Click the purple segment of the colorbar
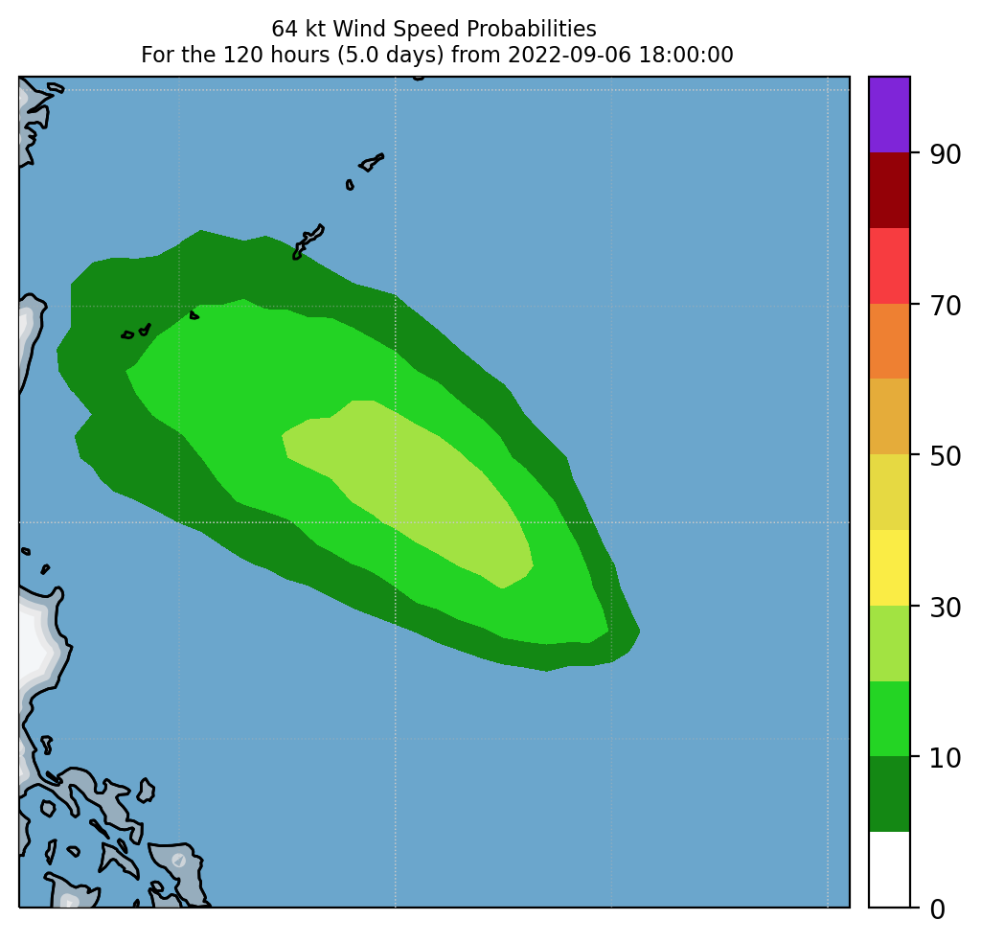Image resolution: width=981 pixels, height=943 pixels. pyautogui.click(x=889, y=114)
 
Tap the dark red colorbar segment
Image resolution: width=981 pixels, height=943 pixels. pyautogui.click(x=889, y=190)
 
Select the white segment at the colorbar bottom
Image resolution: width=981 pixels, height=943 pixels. pyautogui.click(x=889, y=869)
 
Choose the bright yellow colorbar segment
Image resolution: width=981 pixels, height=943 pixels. pyautogui.click(x=889, y=567)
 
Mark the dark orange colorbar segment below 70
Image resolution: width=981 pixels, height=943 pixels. pyautogui.click(x=889, y=341)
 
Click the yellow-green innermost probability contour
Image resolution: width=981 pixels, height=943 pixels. pyautogui.click(x=412, y=479)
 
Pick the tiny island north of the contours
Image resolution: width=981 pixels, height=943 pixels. pyautogui.click(x=350, y=184)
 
